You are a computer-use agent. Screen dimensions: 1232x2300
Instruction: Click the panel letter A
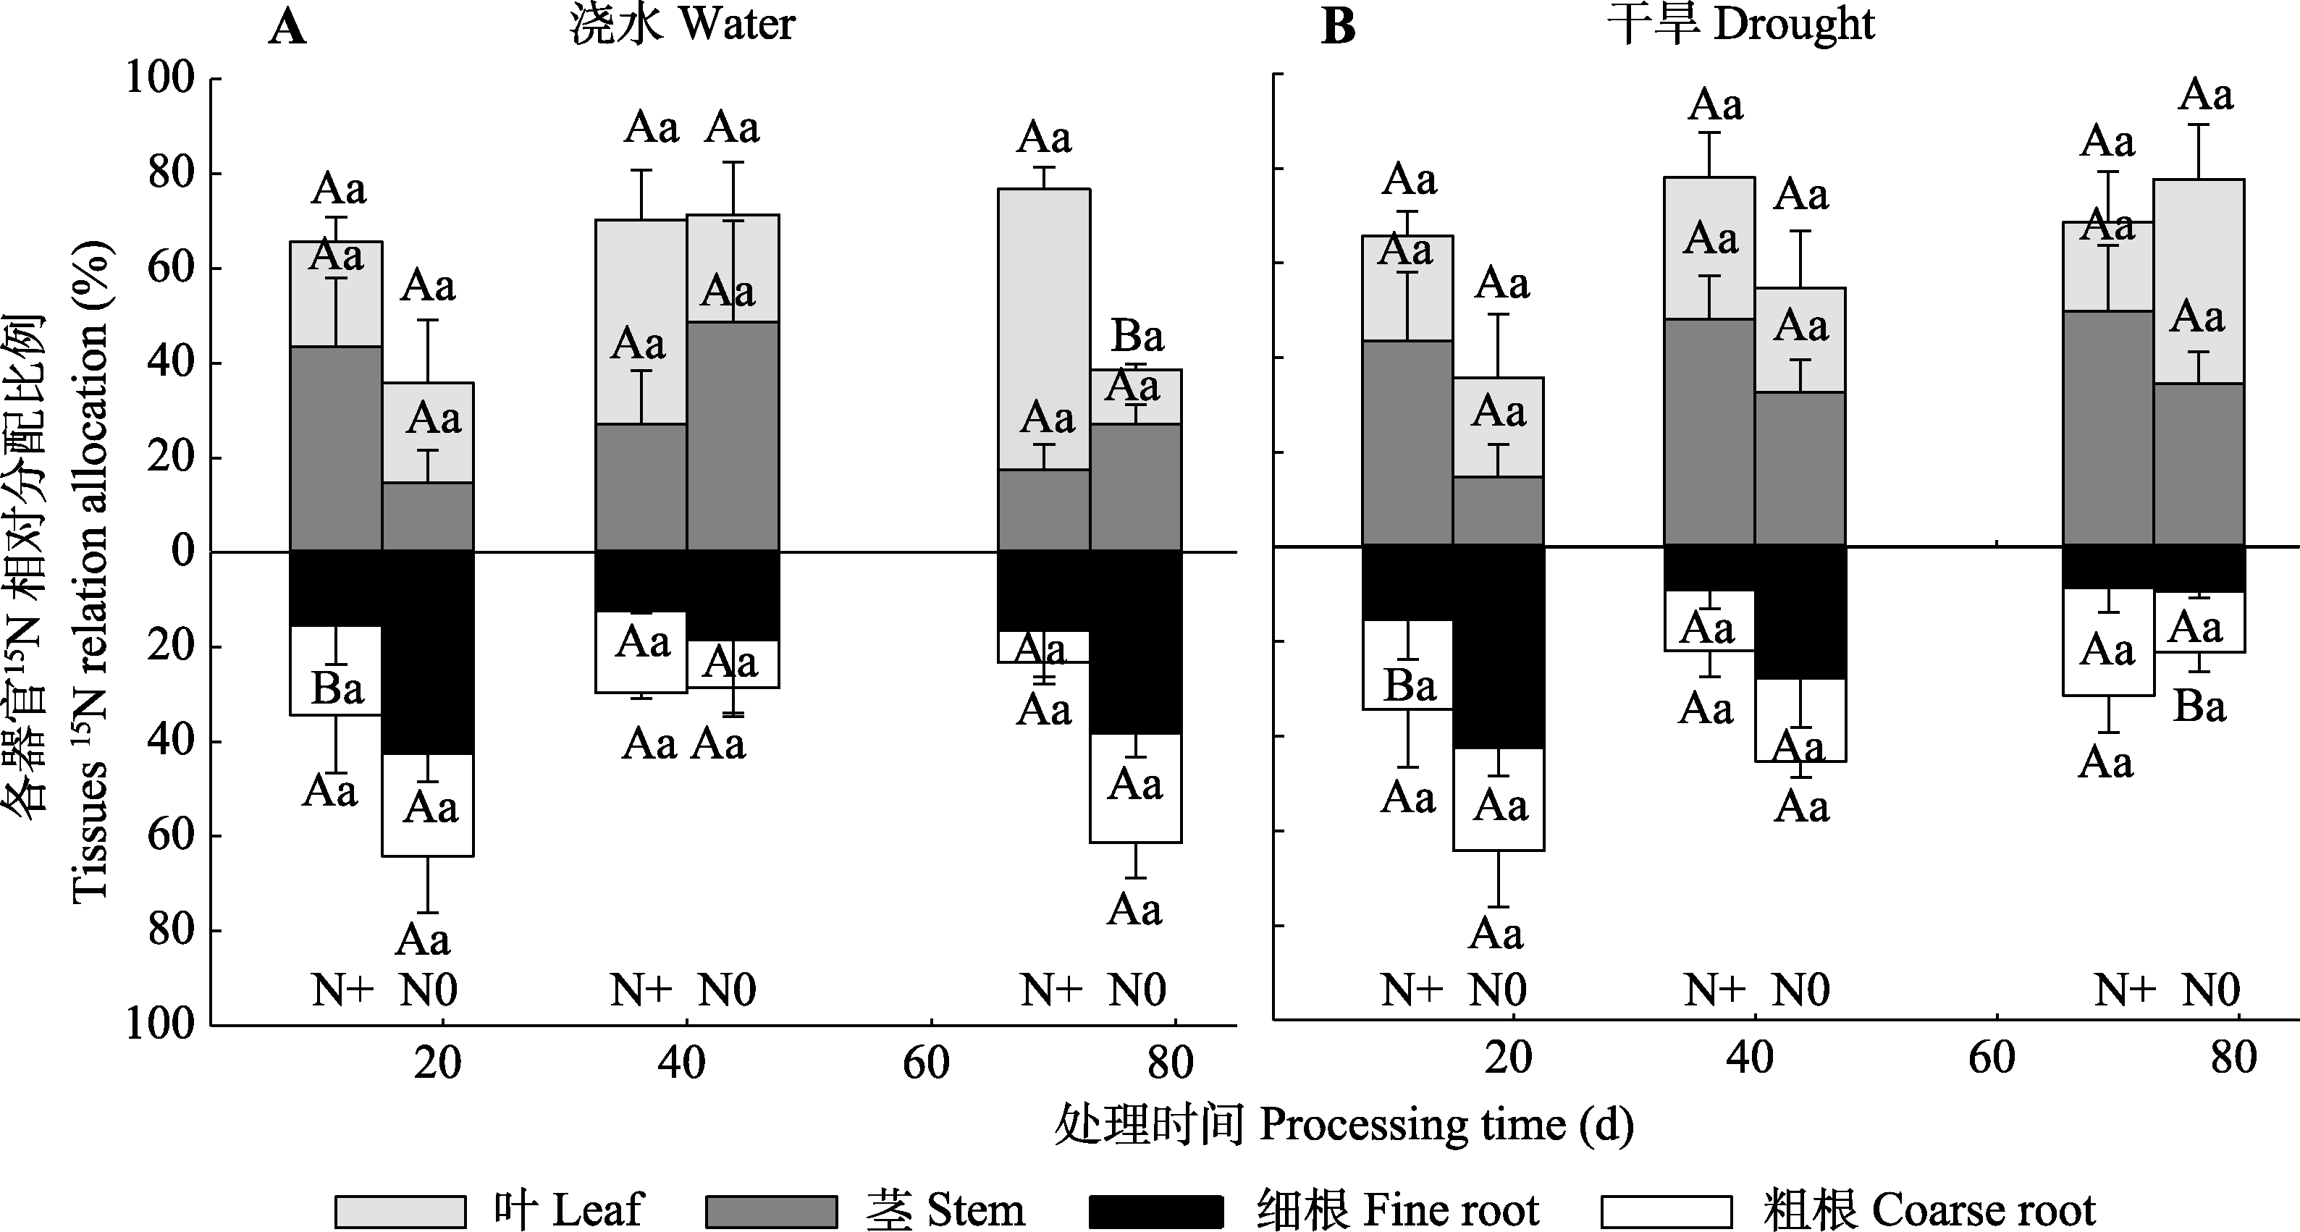pos(287,27)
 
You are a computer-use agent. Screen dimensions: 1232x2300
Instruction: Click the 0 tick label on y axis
pos(182,551)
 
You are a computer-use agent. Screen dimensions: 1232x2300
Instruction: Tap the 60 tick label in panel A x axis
pos(926,1063)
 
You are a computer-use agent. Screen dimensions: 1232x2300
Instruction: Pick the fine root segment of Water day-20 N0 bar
pos(428,651)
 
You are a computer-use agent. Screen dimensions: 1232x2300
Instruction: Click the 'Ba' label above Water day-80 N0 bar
pos(1137,337)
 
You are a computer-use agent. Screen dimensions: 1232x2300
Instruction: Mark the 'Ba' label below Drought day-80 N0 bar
pos(2199,707)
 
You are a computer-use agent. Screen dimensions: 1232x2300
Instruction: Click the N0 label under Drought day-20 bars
pos(1497,990)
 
